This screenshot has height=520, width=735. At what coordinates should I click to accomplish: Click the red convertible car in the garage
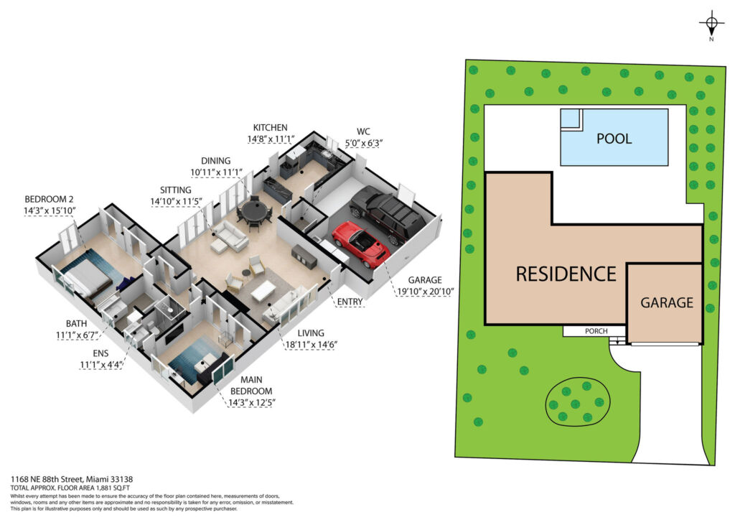point(360,243)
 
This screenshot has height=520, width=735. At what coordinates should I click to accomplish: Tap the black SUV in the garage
point(388,214)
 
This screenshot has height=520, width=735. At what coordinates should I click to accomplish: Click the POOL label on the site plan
point(614,139)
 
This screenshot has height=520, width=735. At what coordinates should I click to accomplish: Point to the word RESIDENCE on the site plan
point(566,274)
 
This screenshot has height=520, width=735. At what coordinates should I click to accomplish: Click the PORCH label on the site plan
point(596,331)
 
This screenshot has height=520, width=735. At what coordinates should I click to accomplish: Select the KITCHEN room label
point(270,128)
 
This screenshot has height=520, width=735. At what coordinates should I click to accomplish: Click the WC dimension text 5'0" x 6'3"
point(364,143)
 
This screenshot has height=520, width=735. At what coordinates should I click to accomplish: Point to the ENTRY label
point(350,302)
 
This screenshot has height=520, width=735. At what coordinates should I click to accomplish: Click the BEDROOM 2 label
point(49,199)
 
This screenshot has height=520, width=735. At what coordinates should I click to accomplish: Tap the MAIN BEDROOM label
point(251,386)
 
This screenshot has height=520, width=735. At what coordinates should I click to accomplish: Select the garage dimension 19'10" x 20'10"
point(425,291)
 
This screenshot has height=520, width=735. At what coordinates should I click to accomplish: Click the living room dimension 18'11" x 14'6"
point(312,345)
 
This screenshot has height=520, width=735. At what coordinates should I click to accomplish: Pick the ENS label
point(100,353)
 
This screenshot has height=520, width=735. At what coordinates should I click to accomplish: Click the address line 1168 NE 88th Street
point(47,479)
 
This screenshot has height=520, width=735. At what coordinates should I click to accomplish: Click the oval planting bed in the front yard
point(578,401)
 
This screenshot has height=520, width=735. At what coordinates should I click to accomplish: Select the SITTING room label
point(176,190)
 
